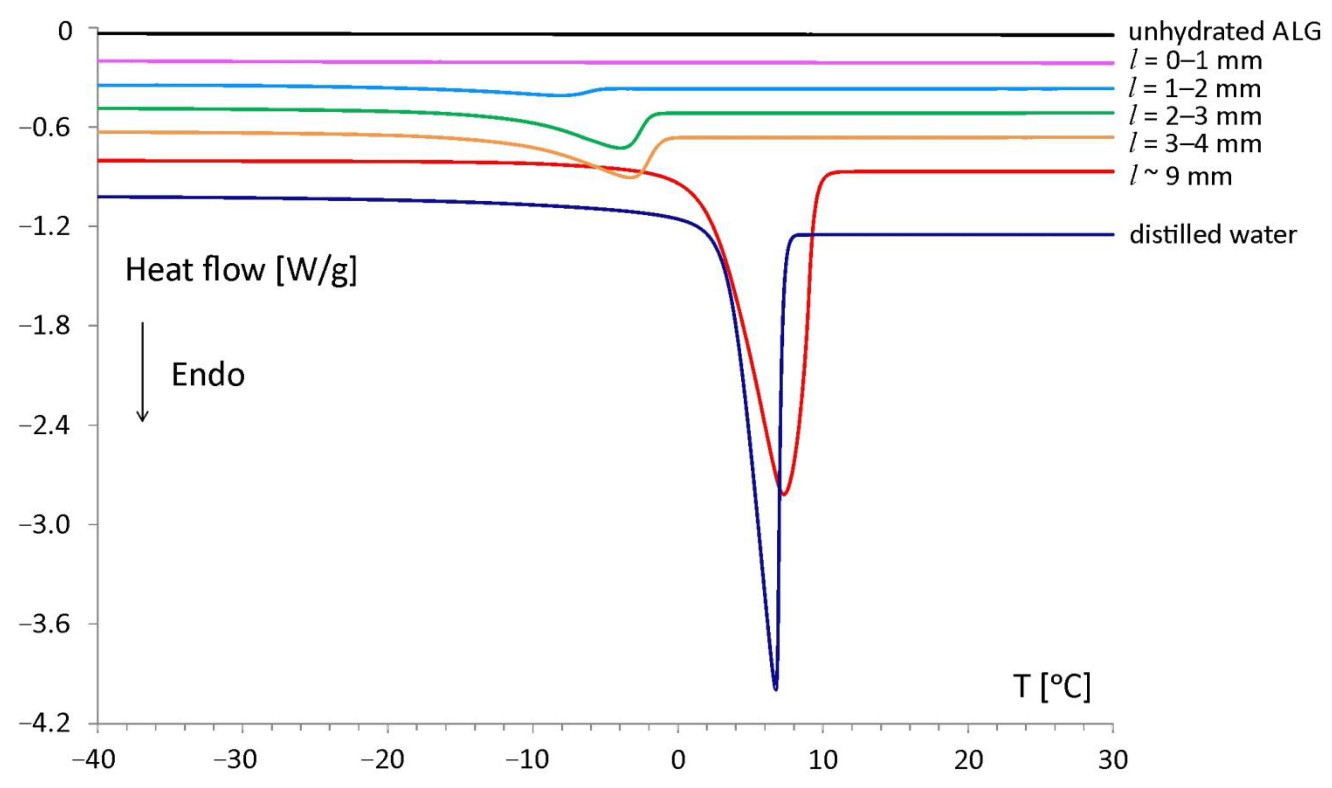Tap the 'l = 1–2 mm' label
(1195, 89)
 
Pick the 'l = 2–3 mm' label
(1195, 116)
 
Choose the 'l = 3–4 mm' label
(1195, 144)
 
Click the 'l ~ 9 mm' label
(1180, 176)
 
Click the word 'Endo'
(208, 375)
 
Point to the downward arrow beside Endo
(142, 371)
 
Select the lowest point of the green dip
(619, 148)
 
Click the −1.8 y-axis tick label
(45, 325)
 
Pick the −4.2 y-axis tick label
(45, 723)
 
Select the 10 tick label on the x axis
(822, 761)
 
